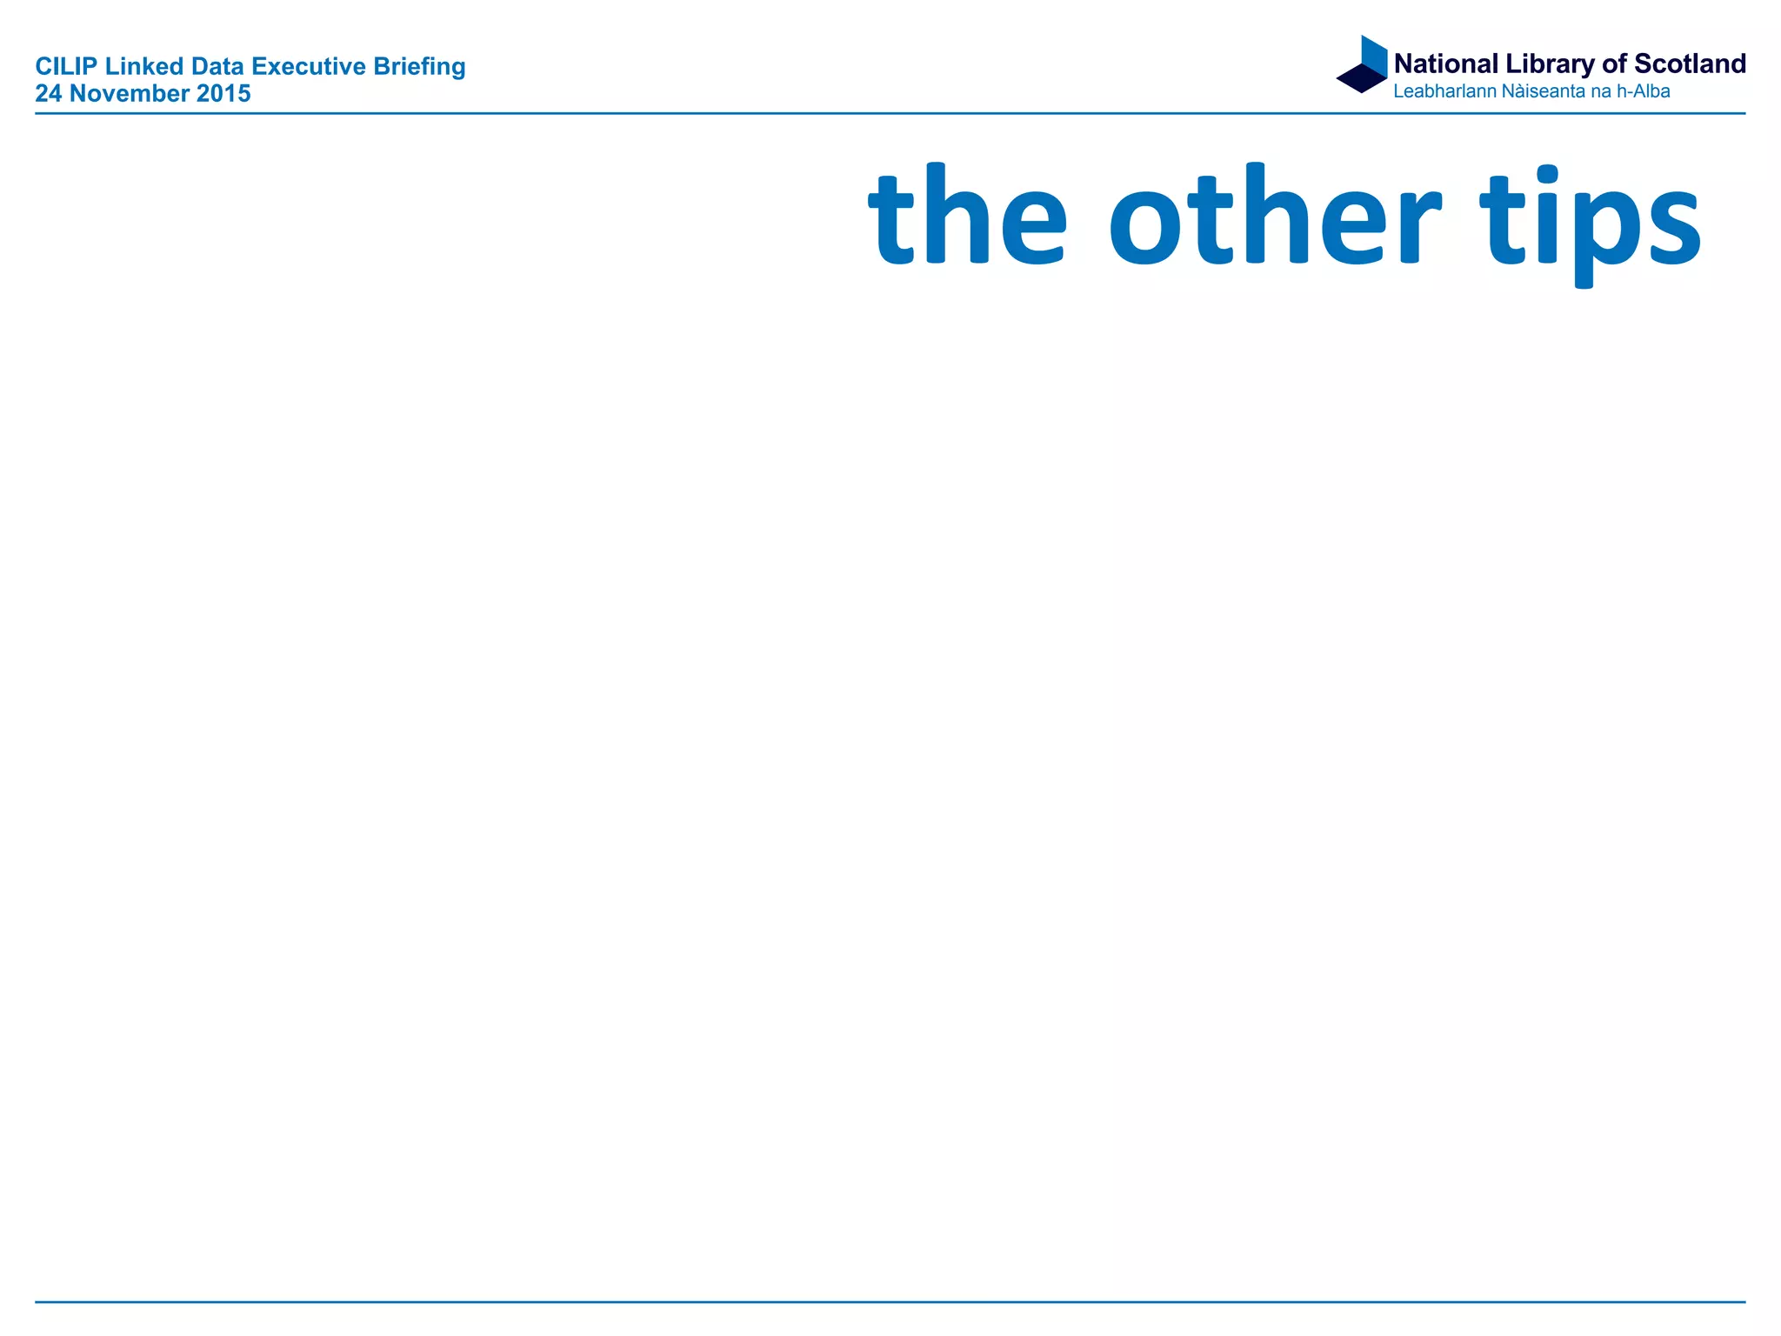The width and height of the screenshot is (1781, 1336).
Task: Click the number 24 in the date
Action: click(49, 94)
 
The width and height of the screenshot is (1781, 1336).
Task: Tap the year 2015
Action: click(223, 94)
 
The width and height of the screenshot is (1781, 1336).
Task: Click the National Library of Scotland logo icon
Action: click(1363, 64)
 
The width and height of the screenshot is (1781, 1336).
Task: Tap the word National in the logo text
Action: click(1446, 64)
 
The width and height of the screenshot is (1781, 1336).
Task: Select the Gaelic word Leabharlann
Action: click(1444, 91)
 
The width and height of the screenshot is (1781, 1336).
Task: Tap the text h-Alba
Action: click(1643, 91)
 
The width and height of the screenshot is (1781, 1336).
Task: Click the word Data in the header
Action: click(217, 67)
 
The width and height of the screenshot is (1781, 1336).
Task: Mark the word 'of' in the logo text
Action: click(1614, 64)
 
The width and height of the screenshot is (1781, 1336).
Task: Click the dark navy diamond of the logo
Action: click(1361, 78)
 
